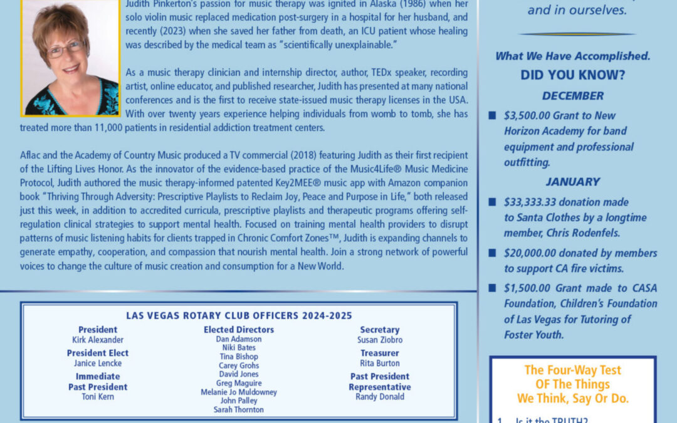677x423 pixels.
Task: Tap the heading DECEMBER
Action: click(573, 97)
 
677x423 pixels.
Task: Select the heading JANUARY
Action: click(572, 182)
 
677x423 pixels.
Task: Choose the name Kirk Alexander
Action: click(98, 340)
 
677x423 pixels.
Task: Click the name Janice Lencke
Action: click(98, 363)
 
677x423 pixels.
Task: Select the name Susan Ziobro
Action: click(380, 340)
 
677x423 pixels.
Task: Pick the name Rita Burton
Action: click(380, 363)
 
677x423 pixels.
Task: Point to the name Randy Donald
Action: click(380, 397)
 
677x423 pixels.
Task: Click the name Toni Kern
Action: click(98, 397)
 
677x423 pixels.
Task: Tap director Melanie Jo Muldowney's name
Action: click(239, 392)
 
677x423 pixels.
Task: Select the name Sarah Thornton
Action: click(239, 410)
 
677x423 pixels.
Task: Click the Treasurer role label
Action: click(380, 353)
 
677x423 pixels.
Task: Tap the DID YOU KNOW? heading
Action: click(573, 75)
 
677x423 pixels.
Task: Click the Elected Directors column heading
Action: click(239, 330)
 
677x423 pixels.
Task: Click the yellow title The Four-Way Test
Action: click(572, 370)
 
